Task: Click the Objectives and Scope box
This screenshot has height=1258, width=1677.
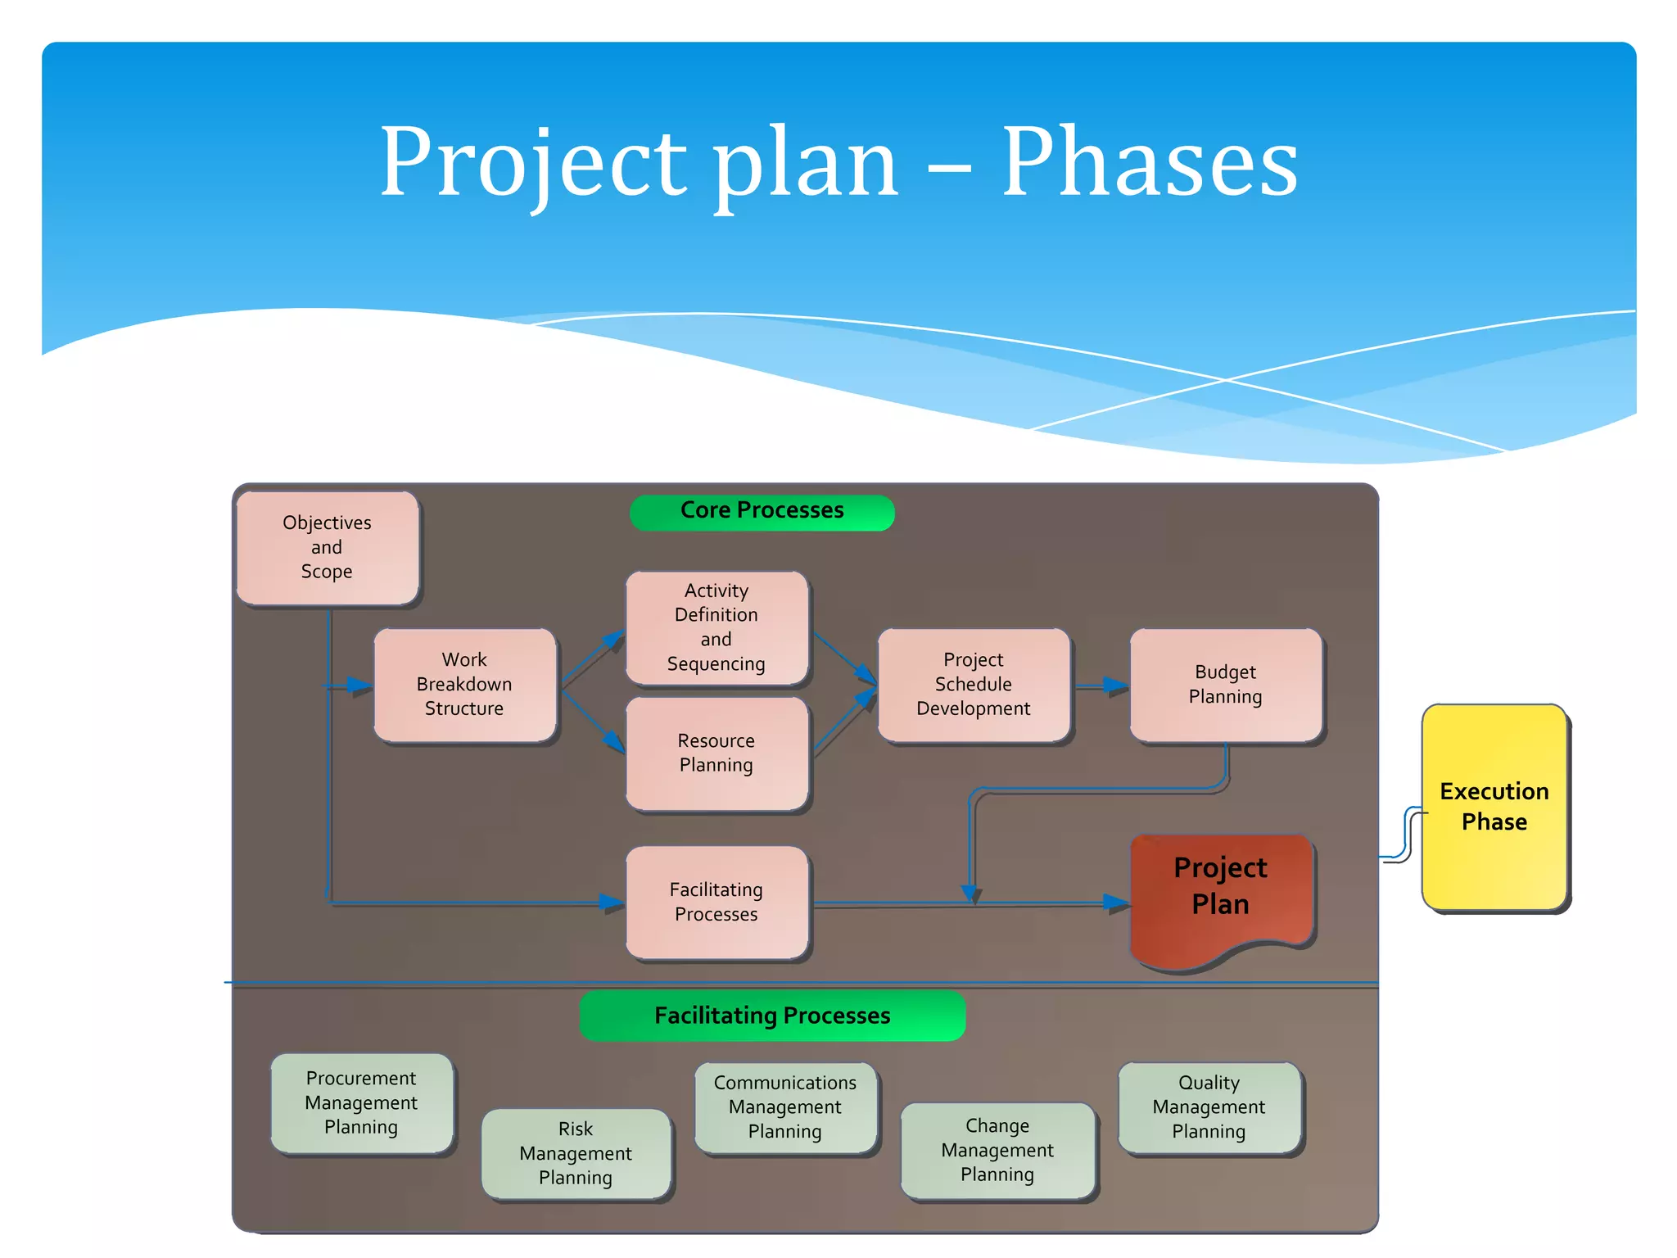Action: click(x=327, y=547)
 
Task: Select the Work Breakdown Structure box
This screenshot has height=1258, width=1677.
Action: click(x=464, y=685)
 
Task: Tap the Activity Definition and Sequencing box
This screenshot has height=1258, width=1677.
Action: click(x=716, y=627)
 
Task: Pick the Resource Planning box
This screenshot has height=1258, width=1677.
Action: click(x=716, y=753)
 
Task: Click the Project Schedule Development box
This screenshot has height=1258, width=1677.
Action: click(x=974, y=685)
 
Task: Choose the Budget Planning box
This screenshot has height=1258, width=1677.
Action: click(x=1225, y=685)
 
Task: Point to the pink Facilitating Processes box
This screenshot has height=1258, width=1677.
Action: click(x=716, y=902)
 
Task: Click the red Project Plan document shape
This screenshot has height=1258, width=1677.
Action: click(x=1221, y=893)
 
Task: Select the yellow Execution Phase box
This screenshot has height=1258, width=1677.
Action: click(x=1494, y=807)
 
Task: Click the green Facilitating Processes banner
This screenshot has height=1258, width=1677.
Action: click(x=772, y=1016)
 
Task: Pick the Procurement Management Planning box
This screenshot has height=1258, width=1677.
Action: click(x=361, y=1102)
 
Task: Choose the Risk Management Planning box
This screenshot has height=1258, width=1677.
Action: click(x=576, y=1153)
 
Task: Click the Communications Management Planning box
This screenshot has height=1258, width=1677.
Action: click(x=785, y=1107)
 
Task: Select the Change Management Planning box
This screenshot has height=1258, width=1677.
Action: click(x=997, y=1150)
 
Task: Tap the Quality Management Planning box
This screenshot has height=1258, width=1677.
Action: click(x=1209, y=1107)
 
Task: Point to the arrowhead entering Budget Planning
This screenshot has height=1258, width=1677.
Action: click(x=1117, y=686)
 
